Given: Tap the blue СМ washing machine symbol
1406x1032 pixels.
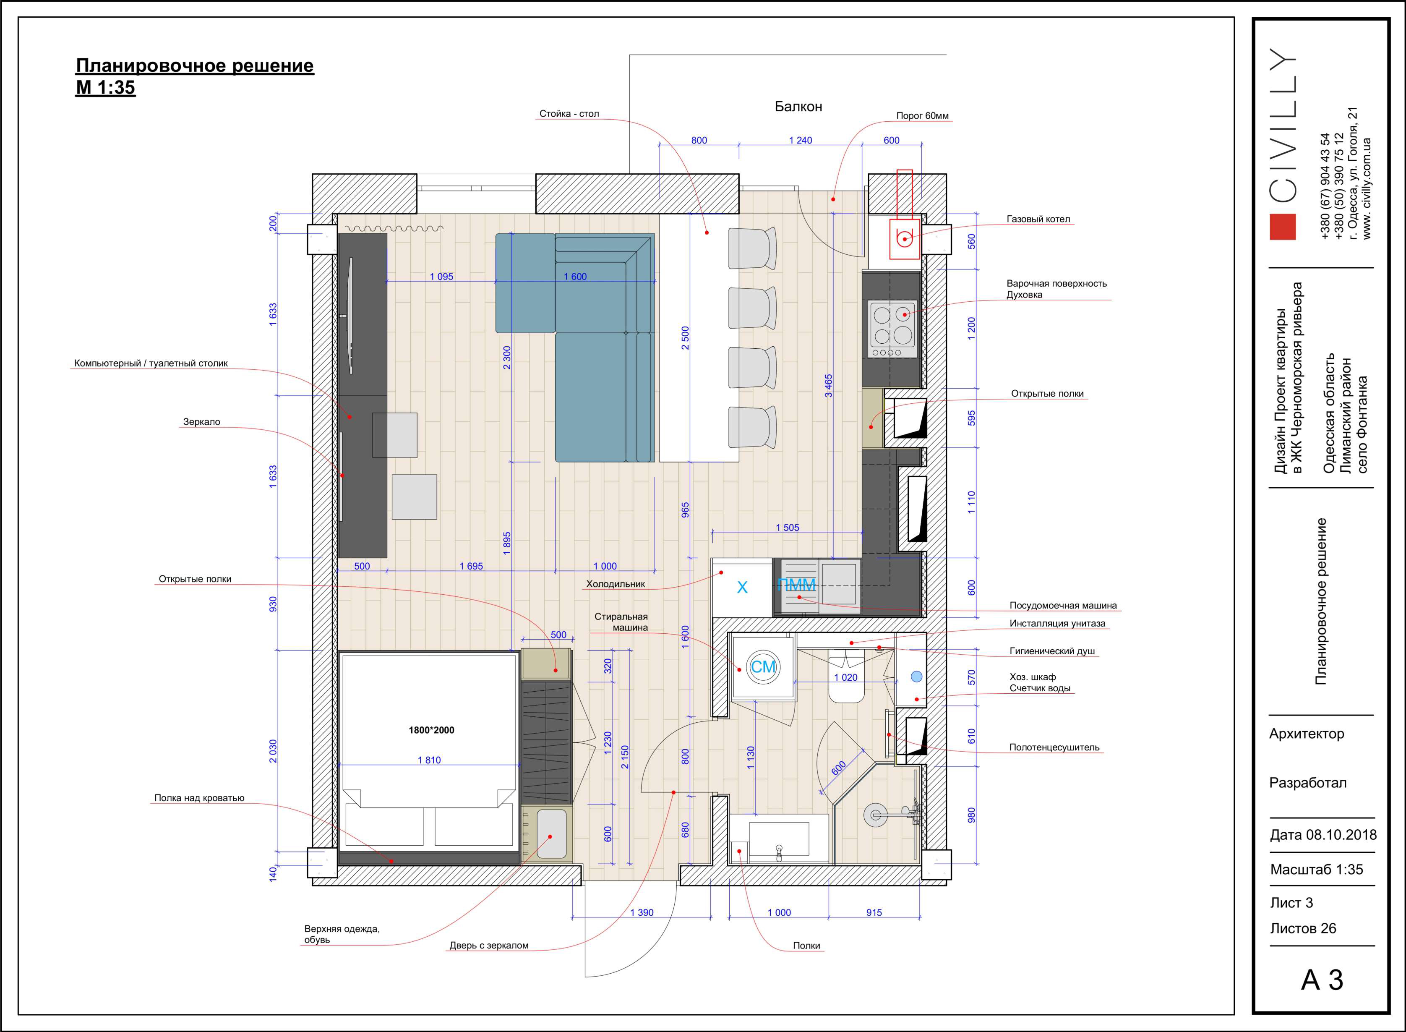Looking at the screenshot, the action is [763, 666].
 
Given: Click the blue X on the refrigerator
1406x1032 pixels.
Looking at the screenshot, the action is [742, 587].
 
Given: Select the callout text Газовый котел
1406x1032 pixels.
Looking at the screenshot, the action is [1038, 219].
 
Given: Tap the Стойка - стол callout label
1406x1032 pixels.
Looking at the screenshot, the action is [569, 114].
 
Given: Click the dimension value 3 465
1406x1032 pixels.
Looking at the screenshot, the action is [828, 385].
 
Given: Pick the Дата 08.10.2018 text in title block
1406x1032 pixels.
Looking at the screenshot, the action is [1323, 835].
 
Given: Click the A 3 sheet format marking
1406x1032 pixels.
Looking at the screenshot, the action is [1322, 980].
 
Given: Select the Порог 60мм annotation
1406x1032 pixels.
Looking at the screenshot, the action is [922, 115].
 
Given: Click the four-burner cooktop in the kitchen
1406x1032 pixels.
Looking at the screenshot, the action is [892, 329].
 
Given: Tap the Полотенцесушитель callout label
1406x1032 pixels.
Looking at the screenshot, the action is [1054, 747].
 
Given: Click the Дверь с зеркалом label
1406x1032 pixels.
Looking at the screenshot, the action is [489, 945].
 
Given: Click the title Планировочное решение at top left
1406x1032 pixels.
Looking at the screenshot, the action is [194, 65].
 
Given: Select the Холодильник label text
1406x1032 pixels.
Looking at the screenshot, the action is [615, 584].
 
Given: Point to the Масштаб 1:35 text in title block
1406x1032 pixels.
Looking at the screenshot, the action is [1317, 869].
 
